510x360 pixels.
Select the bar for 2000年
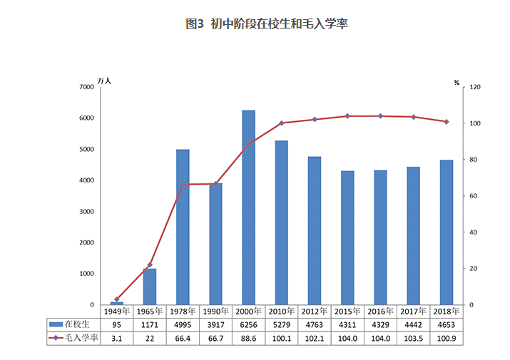[248, 207]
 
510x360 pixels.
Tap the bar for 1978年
[183, 227]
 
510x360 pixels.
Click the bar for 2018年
[446, 232]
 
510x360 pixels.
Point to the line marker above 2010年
[282, 123]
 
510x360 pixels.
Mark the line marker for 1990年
[215, 184]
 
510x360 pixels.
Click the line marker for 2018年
[446, 122]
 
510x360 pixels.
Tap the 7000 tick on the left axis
[86, 87]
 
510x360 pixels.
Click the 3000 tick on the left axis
[86, 212]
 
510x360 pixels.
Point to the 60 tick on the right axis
[473, 196]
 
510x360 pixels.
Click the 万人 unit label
[104, 81]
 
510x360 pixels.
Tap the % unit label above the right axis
[457, 83]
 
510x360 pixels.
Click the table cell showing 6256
[248, 324]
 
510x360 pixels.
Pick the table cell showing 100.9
[446, 338]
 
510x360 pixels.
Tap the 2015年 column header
[347, 312]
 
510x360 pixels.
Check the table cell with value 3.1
[116, 338]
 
